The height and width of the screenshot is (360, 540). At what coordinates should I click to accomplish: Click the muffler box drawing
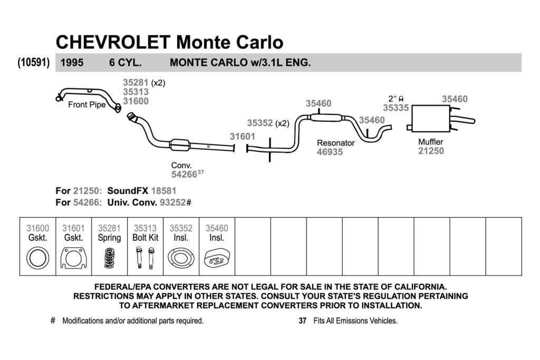click(431, 119)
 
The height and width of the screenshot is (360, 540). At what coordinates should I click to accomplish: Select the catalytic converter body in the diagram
click(180, 145)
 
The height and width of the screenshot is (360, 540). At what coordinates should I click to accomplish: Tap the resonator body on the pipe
click(326, 118)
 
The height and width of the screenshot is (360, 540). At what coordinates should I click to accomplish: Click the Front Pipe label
click(87, 105)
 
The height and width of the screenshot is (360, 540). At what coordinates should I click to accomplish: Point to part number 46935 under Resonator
click(330, 152)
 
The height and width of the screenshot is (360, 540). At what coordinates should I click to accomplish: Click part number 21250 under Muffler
click(431, 151)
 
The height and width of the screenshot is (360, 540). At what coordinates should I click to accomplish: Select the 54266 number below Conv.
click(184, 174)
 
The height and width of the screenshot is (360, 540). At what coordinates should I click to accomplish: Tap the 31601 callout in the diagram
click(243, 137)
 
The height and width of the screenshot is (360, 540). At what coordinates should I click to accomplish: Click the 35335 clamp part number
click(396, 108)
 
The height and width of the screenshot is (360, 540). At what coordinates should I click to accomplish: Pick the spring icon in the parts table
click(109, 258)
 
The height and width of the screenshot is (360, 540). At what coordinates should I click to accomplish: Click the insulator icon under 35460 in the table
click(217, 258)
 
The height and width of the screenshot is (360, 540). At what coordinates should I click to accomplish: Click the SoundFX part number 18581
click(163, 191)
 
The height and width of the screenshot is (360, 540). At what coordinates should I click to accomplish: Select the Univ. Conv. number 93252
click(173, 202)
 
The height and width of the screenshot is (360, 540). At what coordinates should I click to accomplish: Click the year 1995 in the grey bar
click(72, 63)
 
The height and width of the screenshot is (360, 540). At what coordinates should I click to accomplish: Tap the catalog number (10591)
click(34, 63)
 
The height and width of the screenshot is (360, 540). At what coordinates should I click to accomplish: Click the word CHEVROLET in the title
click(113, 42)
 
